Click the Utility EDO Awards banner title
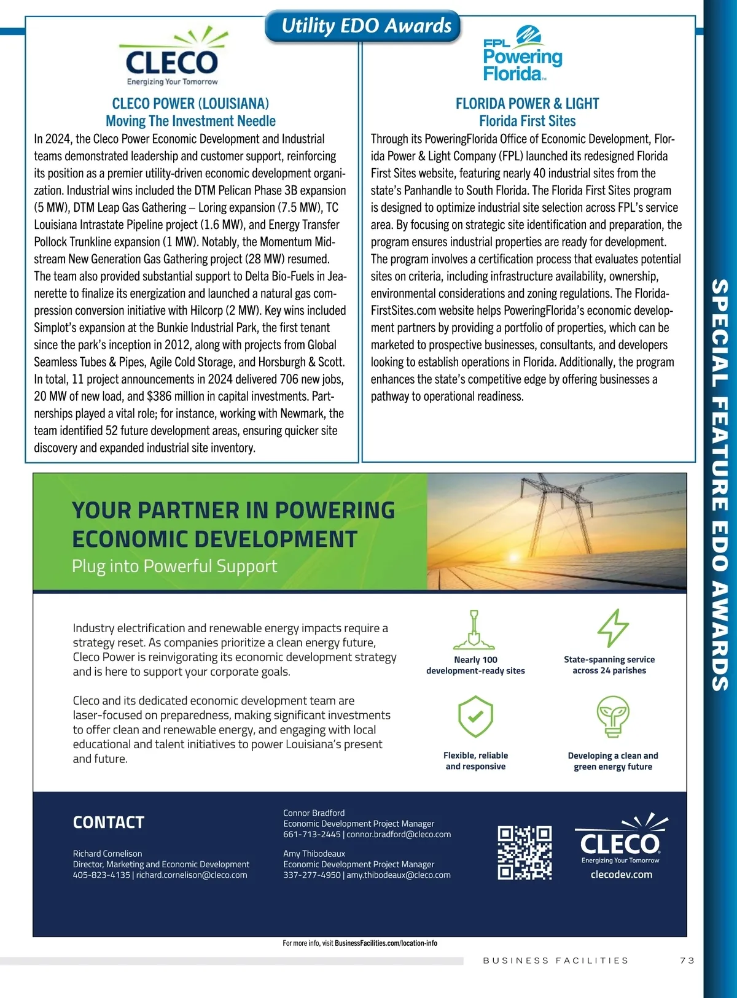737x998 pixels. (x=366, y=26)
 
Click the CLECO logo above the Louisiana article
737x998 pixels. (x=172, y=59)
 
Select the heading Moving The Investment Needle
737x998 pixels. (x=190, y=121)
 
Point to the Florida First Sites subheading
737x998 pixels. (x=527, y=121)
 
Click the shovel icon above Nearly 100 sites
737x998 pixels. (x=474, y=630)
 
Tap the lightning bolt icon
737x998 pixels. (x=612, y=628)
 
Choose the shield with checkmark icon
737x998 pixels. (x=475, y=716)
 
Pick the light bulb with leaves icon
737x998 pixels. (x=613, y=716)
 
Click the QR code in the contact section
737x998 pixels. (x=524, y=853)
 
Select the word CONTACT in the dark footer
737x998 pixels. (x=109, y=822)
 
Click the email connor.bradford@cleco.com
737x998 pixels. (x=399, y=835)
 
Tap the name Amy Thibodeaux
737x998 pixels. (x=314, y=854)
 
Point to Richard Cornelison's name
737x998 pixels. (x=107, y=854)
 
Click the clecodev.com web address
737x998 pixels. (x=621, y=875)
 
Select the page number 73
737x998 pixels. (x=687, y=961)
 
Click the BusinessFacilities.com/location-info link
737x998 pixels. (x=386, y=943)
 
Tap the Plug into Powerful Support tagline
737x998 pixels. (x=174, y=566)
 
